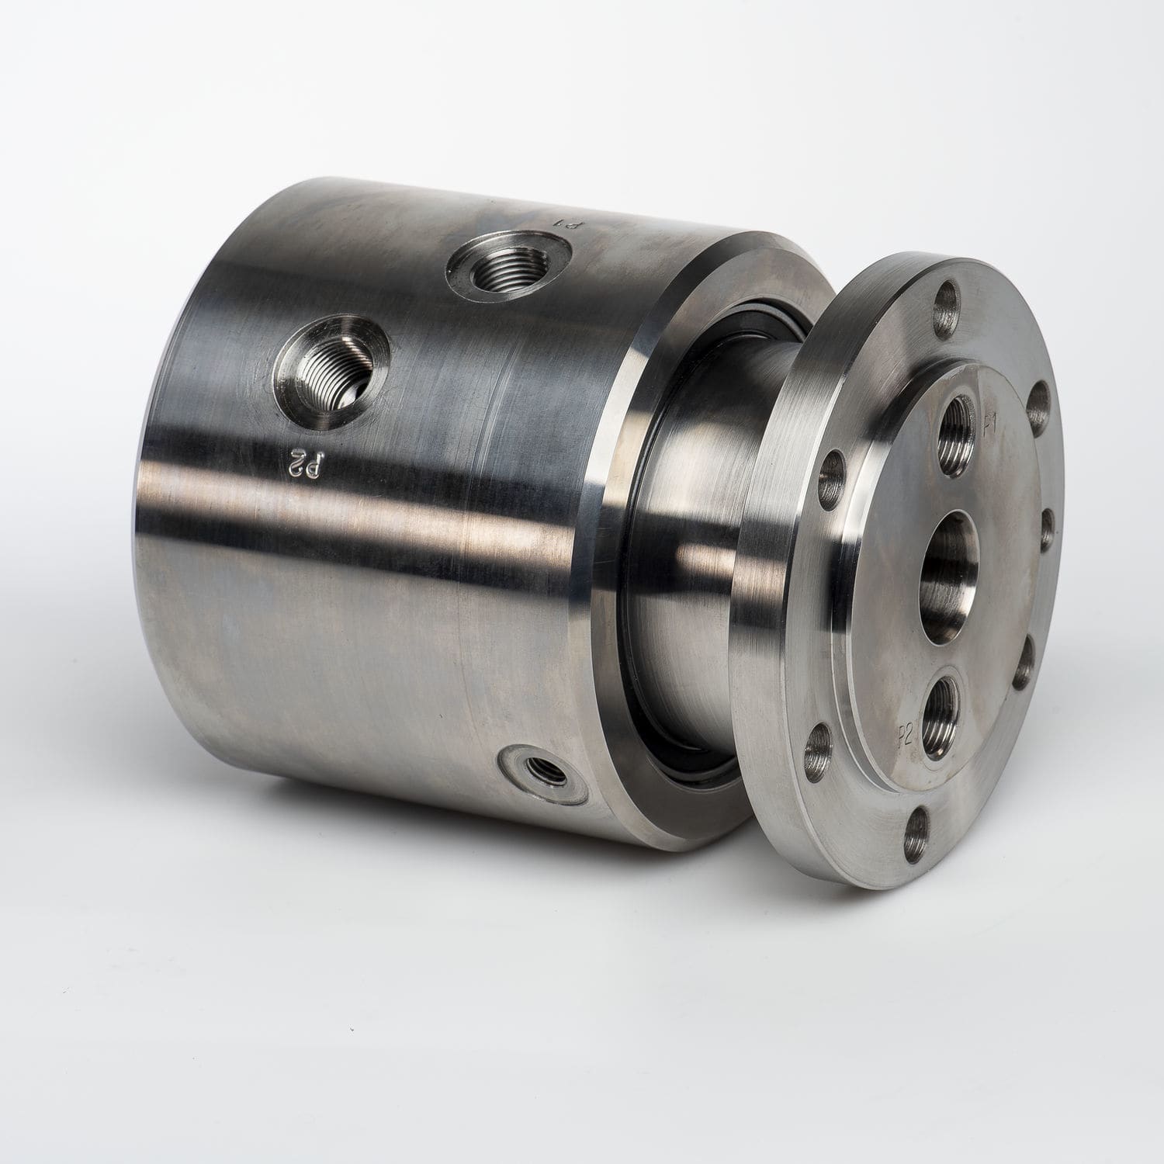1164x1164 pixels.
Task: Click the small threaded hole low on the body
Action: (x=536, y=770)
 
